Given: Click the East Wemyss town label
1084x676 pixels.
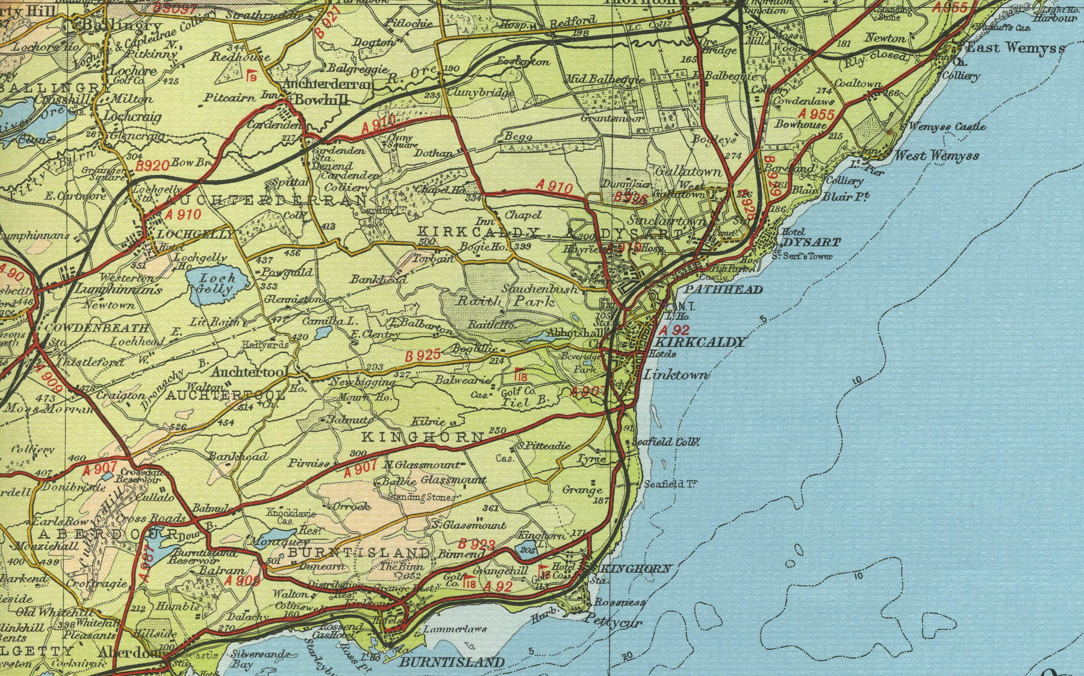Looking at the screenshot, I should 1015,48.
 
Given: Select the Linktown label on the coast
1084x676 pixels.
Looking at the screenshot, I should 676,375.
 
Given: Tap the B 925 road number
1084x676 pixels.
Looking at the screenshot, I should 423,355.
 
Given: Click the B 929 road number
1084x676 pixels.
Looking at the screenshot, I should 773,173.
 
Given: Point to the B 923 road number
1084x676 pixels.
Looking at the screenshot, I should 477,544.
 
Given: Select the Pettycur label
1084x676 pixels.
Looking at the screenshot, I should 614,622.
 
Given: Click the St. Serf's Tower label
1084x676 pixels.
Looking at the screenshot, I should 802,256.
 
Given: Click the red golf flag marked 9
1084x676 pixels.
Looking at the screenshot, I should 251,75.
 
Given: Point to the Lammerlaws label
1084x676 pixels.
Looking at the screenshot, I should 446,629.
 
